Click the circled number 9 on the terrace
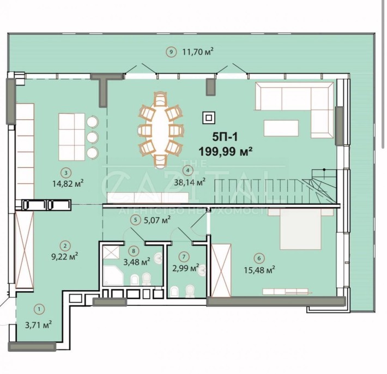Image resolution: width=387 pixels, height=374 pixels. (x=171, y=52)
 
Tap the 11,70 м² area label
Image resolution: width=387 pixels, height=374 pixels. (x=197, y=52)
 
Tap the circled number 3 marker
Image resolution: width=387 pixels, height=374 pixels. (x=65, y=173)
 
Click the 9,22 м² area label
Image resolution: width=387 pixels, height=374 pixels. (x=65, y=255)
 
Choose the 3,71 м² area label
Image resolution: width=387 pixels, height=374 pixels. (x=39, y=324)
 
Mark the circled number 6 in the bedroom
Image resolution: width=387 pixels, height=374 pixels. (x=258, y=257)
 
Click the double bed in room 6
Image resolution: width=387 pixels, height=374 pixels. (x=299, y=231)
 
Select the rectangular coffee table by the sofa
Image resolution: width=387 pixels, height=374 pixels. (x=281, y=128)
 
